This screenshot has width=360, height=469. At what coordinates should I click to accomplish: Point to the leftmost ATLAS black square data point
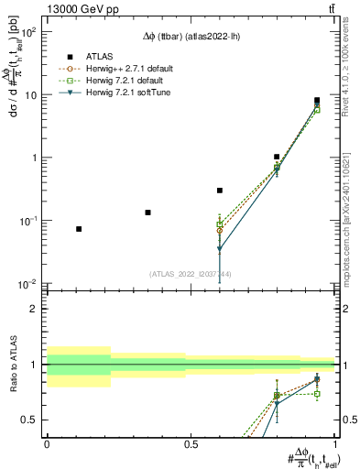79,229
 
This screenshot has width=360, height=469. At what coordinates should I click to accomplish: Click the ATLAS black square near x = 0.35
147,213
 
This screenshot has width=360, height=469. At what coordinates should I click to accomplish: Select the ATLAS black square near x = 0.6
220,191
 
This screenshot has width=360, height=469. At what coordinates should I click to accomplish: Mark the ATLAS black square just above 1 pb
277,157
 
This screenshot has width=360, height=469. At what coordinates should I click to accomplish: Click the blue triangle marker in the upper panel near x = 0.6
220,249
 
